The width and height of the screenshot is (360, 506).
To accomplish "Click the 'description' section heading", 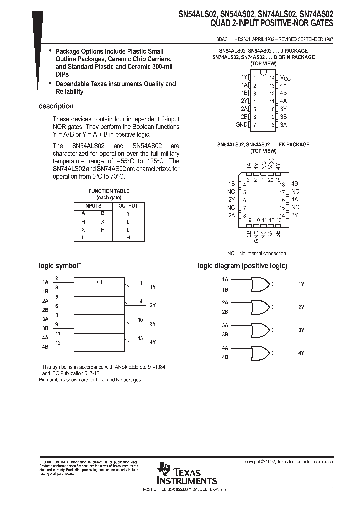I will point(56,106).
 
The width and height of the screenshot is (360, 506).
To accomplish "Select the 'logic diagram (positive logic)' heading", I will point(242,266).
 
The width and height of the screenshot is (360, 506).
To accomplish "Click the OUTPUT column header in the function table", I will point(128,206).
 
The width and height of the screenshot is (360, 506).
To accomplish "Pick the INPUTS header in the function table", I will point(93,206).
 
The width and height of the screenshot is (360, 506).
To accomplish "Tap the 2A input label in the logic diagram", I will point(225,302).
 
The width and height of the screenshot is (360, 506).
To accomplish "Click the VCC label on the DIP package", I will point(284,78).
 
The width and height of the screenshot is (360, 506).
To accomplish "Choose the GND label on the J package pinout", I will point(241,124).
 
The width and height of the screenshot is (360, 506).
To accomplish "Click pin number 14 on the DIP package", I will point(272,78).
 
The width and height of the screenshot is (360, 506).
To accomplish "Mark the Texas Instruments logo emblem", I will point(164,470).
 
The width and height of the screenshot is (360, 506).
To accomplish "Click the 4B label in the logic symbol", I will point(45,346).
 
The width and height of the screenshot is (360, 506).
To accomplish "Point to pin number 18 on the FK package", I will point(282,184).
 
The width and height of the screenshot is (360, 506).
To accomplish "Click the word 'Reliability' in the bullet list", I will point(69,92).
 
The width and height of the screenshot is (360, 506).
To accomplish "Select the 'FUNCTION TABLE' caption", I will point(109,191).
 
